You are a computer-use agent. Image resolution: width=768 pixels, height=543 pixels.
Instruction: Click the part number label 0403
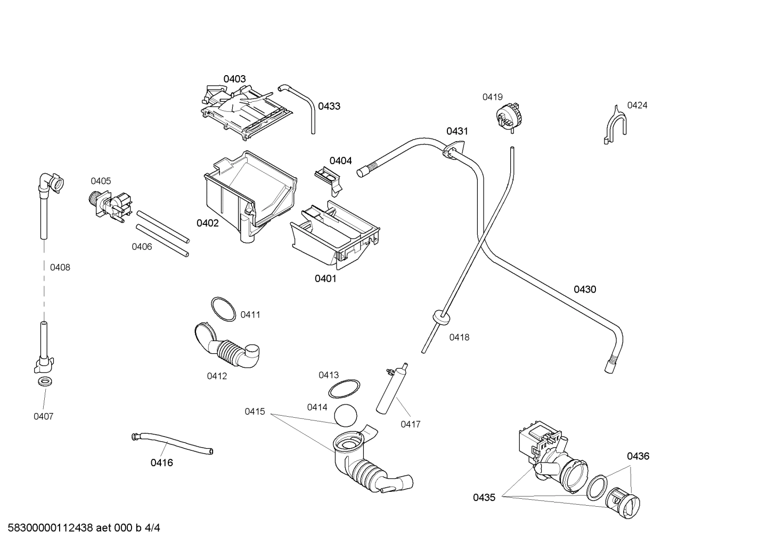coord(234,79)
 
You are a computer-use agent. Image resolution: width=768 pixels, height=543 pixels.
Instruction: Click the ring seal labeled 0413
coord(344,390)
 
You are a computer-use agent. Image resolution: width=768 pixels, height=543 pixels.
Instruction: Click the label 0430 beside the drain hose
coord(585,289)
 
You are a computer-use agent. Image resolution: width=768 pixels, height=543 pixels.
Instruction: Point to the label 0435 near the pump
coord(484,498)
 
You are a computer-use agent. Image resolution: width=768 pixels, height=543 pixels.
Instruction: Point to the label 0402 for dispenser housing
coord(208,223)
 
